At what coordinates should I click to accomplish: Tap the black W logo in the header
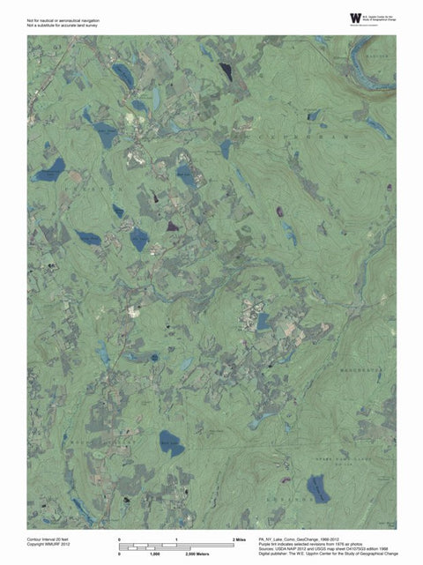click(355, 19)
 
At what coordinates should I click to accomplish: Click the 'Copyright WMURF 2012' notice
click(50, 543)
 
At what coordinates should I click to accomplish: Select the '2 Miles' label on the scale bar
click(238, 538)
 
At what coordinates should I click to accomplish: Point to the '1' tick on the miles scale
click(176, 538)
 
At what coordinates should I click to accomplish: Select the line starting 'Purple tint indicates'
click(310, 542)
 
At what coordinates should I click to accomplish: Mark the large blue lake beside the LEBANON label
click(317, 489)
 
